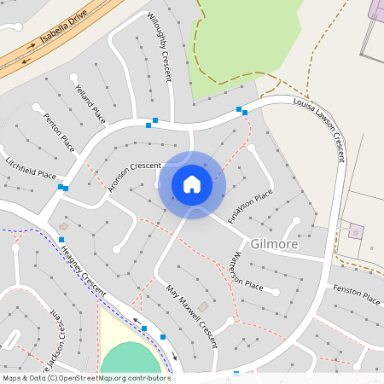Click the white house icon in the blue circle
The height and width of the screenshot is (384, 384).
click(x=192, y=184)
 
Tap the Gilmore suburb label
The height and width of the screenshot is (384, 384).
click(x=275, y=244)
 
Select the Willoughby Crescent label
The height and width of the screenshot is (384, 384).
click(x=160, y=48)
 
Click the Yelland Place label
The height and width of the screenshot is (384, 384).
click(x=90, y=103)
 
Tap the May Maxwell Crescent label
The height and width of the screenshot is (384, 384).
click(x=192, y=316)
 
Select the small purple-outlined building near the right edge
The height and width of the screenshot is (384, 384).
click(x=356, y=231)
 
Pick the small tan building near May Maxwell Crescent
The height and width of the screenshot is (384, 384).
click(x=203, y=305)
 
